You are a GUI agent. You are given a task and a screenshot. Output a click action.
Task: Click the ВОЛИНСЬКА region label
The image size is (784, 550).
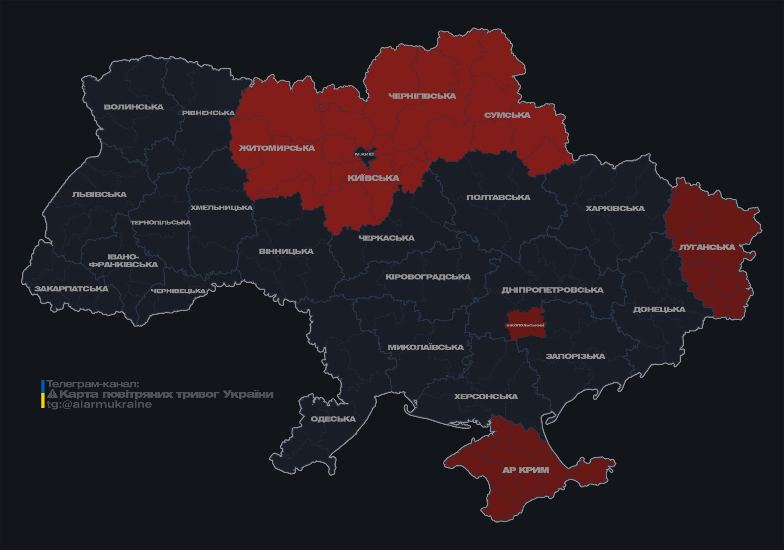pyautogui.click(x=134, y=107)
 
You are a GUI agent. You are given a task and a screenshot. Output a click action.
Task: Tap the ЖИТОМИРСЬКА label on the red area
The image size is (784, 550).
pyautogui.click(x=277, y=148)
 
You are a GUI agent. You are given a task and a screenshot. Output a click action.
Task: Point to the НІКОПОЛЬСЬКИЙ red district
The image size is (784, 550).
pyautogui.click(x=525, y=325)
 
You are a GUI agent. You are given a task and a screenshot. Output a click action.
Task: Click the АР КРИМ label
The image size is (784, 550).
pyautogui.click(x=525, y=470)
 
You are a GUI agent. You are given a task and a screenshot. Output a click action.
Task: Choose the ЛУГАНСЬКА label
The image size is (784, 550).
pyautogui.click(x=707, y=247)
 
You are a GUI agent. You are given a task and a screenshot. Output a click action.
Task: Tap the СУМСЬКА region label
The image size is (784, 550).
pyautogui.click(x=507, y=115)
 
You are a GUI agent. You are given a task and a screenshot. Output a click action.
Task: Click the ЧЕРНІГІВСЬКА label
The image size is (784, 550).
pyautogui.click(x=422, y=96)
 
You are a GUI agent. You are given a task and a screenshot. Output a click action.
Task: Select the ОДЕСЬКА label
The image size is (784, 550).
pyautogui.click(x=333, y=419)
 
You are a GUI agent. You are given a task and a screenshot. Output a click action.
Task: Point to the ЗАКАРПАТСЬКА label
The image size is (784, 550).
pyautogui.click(x=71, y=289)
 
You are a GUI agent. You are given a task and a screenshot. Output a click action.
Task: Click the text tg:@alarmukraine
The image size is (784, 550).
pyautogui.click(x=99, y=404)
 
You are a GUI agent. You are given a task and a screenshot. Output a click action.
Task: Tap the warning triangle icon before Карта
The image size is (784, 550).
pyautogui.click(x=52, y=395)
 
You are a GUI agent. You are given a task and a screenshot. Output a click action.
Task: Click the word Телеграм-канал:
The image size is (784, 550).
pyautogui.click(x=93, y=384)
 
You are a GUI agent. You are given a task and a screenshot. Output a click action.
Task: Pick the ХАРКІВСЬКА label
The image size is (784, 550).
pyautogui.click(x=615, y=209)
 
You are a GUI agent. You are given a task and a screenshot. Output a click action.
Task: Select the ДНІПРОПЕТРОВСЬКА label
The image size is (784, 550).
pyautogui.click(x=552, y=290)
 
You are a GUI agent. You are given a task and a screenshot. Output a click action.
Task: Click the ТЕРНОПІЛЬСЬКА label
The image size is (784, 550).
pyautogui.click(x=161, y=223)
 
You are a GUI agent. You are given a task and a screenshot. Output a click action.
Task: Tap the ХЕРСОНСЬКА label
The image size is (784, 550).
pyautogui.click(x=486, y=397)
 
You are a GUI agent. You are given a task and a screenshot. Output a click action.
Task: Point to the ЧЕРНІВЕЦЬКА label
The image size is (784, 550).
pyautogui.click(x=178, y=291)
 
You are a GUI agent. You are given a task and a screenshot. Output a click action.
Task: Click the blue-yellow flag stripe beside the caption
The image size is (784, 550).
pyautogui.click(x=43, y=394)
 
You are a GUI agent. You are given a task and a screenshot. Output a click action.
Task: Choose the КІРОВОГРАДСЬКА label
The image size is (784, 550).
pyautogui.click(x=428, y=277)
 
